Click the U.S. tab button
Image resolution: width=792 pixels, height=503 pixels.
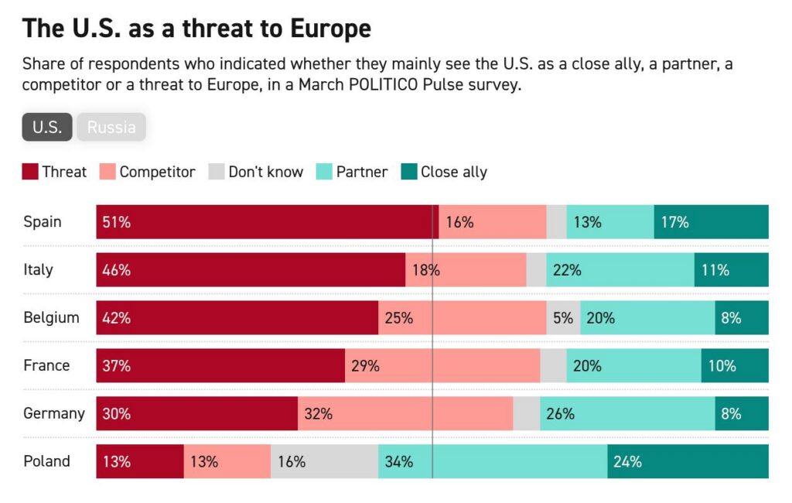click(47, 127)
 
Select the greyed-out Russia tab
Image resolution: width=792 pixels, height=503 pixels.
click(111, 127)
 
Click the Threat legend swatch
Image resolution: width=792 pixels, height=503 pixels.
click(30, 172)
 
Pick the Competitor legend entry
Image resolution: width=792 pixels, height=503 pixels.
click(148, 172)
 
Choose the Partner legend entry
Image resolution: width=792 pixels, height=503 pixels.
click(352, 172)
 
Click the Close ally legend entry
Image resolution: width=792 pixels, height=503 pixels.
click(444, 172)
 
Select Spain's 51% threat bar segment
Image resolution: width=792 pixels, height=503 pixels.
click(267, 222)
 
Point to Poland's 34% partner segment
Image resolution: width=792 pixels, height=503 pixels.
click(493, 462)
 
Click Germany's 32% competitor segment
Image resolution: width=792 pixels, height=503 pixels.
click(405, 414)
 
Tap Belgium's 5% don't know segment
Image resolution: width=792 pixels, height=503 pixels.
click(563, 318)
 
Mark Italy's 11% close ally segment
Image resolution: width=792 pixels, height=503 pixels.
click(731, 270)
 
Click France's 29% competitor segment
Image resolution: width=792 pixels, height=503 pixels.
click(442, 366)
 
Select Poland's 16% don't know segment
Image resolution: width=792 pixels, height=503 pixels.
click(324, 462)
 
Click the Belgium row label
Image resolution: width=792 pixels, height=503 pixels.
click(51, 318)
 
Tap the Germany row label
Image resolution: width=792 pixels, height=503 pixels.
click(53, 414)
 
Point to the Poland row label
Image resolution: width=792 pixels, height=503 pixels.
click(46, 462)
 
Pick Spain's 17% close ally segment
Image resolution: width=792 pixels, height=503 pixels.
click(711, 222)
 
